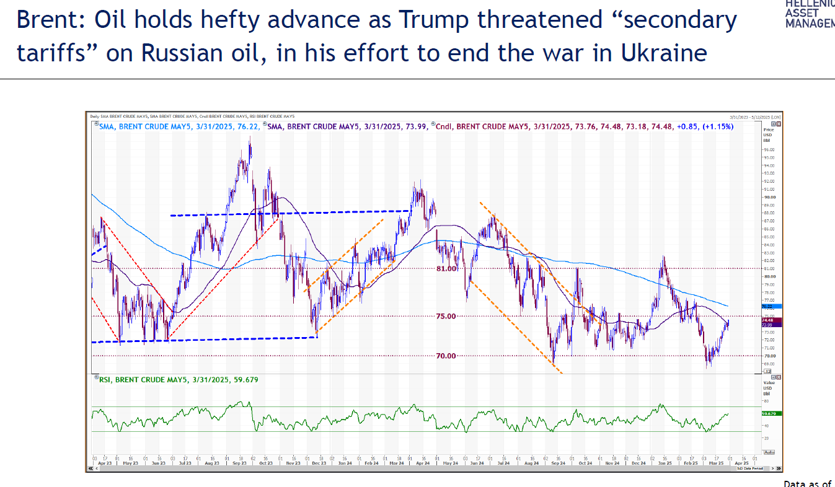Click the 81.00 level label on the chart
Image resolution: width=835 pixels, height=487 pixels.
446,269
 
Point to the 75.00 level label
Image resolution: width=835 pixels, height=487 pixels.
446,316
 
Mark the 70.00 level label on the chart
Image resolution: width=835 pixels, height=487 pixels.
446,356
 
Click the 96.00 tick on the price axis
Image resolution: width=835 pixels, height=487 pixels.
769,149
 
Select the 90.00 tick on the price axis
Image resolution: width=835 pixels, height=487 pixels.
769,197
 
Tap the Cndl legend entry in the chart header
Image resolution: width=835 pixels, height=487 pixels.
445,126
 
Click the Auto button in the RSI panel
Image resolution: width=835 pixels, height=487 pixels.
769,452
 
